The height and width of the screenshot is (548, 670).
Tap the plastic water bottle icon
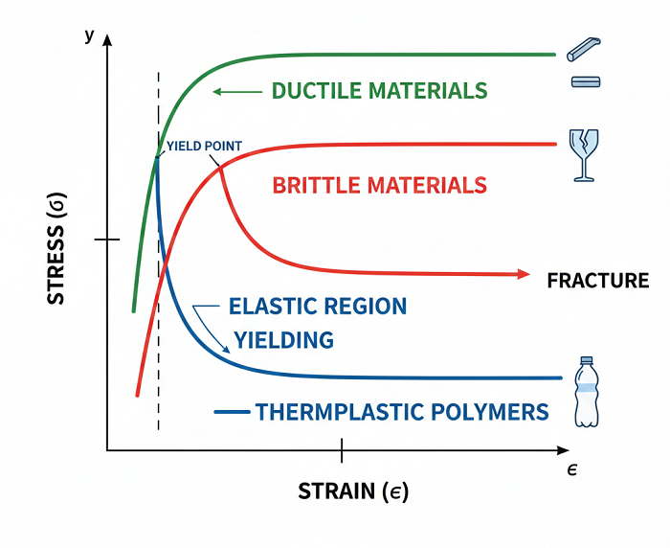(587, 392)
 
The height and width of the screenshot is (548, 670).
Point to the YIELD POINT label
(203, 147)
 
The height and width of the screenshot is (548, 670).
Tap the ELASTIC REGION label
(318, 307)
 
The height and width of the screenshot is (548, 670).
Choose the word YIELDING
(284, 339)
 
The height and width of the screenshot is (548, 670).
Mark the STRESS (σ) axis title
(57, 254)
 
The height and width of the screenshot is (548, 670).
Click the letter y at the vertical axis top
(89, 35)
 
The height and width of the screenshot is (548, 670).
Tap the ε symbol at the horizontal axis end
(570, 468)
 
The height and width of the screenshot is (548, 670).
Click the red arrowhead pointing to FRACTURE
(523, 274)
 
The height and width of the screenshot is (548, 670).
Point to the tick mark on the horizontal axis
(342, 449)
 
